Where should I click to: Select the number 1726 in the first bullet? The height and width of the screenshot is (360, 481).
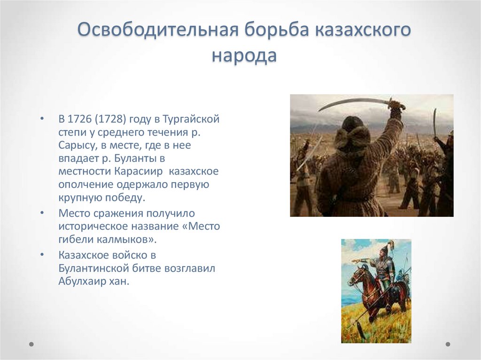81,119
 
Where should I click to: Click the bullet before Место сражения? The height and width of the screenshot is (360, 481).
42,213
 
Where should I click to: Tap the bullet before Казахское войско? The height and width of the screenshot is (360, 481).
42,255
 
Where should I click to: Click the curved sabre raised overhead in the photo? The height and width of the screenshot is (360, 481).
352,101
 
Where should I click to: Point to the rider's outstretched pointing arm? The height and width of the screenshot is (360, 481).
364,259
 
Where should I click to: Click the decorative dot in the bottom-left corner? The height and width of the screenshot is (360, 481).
31,344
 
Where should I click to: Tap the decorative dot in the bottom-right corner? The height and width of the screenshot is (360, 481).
448,344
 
